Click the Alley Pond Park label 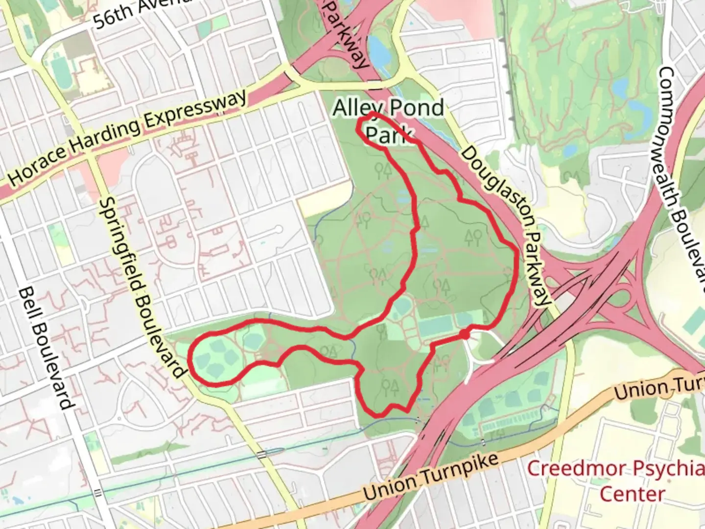coord(388,120)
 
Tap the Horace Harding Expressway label coord(127,139)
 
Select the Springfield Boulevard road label coord(142,287)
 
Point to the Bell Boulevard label coord(47,347)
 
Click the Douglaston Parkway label coord(504,225)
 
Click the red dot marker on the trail coord(464,335)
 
